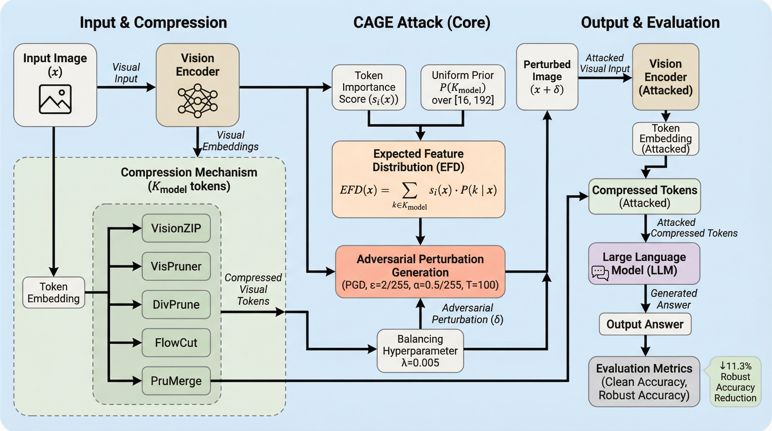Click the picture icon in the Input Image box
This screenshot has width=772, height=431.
55,99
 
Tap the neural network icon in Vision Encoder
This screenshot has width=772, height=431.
197,101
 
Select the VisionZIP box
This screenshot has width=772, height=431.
176,228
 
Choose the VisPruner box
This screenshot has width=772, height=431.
176,266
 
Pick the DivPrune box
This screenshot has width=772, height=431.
176,304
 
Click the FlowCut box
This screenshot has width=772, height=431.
176,343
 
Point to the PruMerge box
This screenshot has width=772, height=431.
176,381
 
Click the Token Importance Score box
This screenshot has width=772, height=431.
369,87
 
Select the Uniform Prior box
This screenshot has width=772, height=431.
463,87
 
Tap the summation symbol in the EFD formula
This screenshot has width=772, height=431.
409,191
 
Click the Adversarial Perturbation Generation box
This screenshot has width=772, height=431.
420,272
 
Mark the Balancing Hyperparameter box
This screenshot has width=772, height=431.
420,351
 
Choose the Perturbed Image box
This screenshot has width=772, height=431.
547,77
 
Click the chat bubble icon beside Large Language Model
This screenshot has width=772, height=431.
600,273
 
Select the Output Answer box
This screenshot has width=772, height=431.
645,324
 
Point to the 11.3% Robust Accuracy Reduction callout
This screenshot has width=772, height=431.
735,382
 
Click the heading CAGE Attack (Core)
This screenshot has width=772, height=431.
422,22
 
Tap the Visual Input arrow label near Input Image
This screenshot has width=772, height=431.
126,73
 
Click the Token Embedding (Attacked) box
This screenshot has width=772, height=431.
666,138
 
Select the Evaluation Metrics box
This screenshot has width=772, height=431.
644,382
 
